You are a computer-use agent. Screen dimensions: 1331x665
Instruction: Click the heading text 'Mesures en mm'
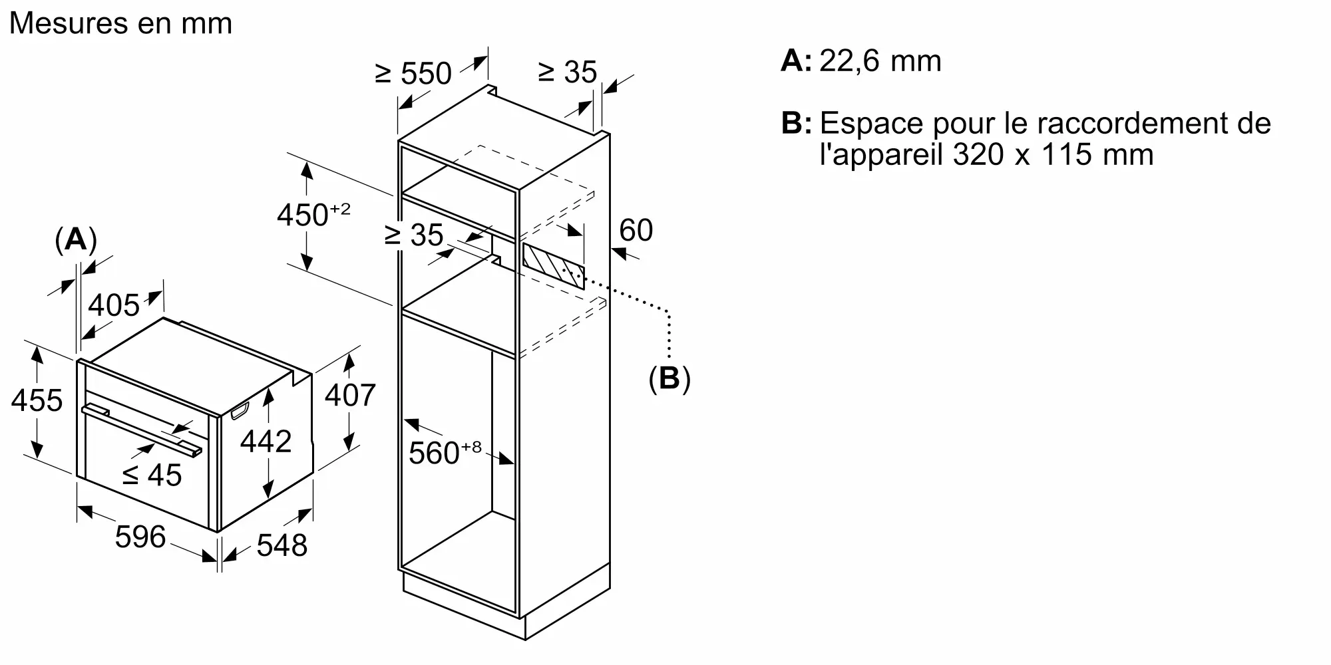[x=120, y=24]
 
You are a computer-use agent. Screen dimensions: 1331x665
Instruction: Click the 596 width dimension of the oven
[x=140, y=537]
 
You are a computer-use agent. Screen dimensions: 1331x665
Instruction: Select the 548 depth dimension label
[x=282, y=545]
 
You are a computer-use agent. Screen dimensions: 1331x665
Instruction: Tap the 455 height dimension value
[x=37, y=400]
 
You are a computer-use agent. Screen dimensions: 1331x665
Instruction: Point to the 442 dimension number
[x=266, y=442]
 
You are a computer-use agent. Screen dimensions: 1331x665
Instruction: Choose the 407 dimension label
[x=350, y=395]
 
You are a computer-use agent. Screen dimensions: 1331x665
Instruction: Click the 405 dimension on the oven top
[x=114, y=305]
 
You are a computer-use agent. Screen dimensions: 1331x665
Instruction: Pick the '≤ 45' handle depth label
[x=152, y=475]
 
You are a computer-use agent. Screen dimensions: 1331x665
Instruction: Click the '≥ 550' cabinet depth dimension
[x=413, y=73]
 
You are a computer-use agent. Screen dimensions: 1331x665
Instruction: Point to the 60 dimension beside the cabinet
[x=636, y=230]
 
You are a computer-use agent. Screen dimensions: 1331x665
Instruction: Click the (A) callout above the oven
[x=75, y=239]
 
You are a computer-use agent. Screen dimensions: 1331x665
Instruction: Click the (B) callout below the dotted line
[x=669, y=378]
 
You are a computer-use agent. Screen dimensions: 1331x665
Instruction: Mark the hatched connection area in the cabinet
[x=553, y=265]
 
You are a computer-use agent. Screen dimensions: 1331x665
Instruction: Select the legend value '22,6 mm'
[x=880, y=61]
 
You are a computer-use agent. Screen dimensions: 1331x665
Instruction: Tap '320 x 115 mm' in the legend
[x=1053, y=155]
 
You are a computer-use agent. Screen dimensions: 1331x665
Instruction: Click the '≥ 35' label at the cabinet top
[x=567, y=72]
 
